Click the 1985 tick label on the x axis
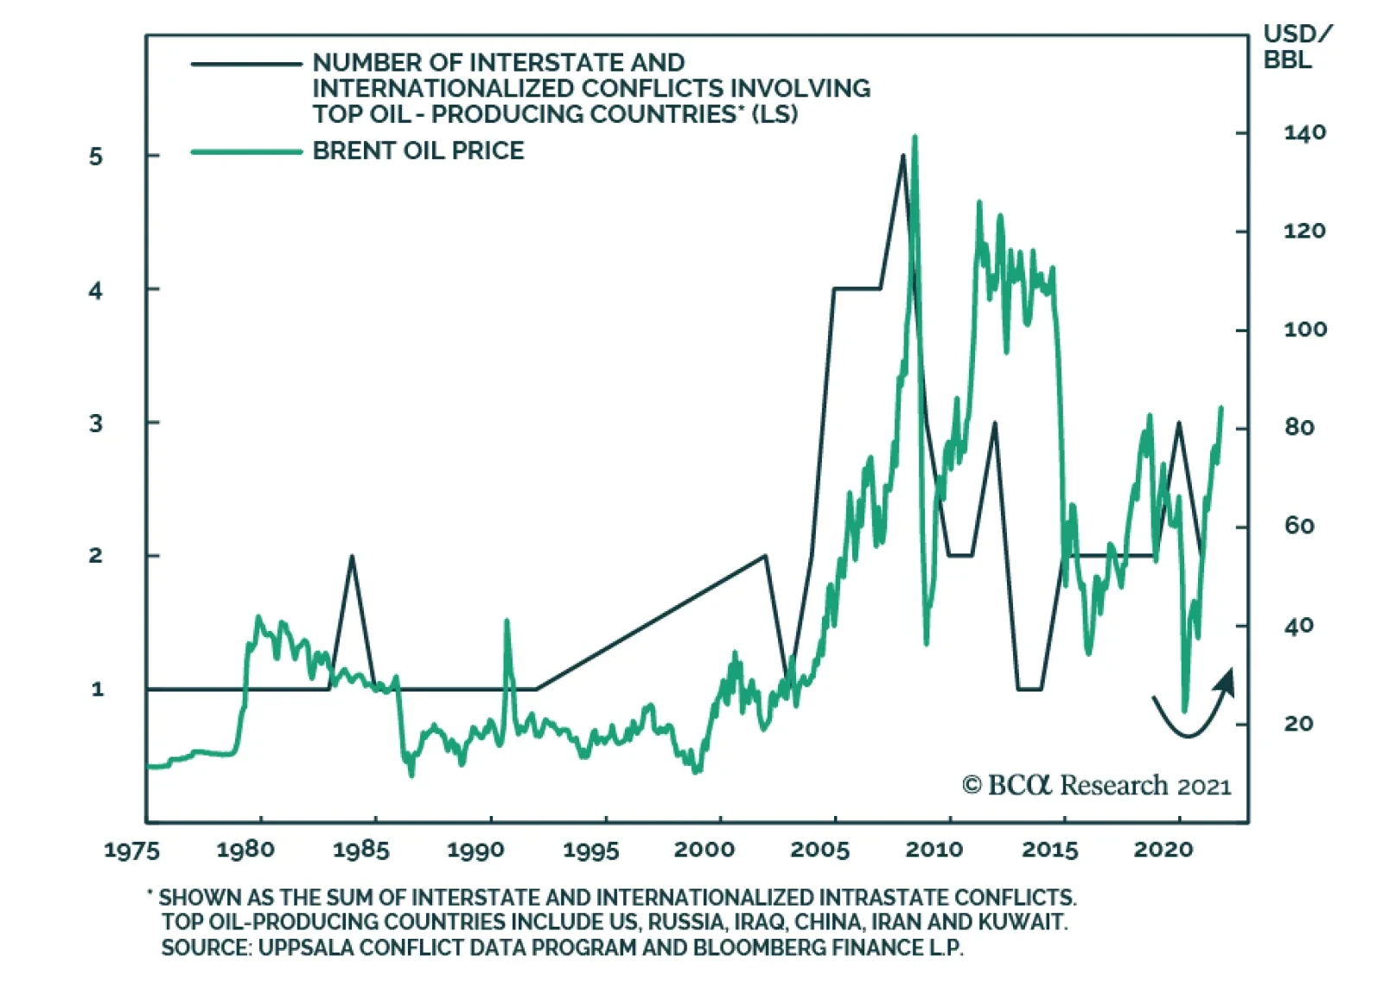pyautogui.click(x=360, y=850)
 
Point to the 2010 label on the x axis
pyautogui.click(x=934, y=850)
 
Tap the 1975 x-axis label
pyautogui.click(x=131, y=851)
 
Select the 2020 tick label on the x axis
pyautogui.click(x=1163, y=850)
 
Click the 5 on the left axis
pyautogui.click(x=96, y=156)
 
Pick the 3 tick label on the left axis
pyautogui.click(x=96, y=424)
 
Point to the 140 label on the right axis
pyautogui.click(x=1304, y=133)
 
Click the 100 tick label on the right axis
pyautogui.click(x=1305, y=329)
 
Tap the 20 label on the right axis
pyautogui.click(x=1298, y=724)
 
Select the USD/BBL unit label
pyautogui.click(x=1297, y=47)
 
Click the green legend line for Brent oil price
pyautogui.click(x=246, y=152)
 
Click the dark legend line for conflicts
pyautogui.click(x=246, y=64)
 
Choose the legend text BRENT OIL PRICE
pyautogui.click(x=418, y=151)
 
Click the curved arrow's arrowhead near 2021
pyautogui.click(x=1226, y=681)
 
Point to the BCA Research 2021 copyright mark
pyautogui.click(x=1096, y=785)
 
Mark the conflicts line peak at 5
pyautogui.click(x=903, y=156)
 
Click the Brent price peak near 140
pyautogui.click(x=915, y=137)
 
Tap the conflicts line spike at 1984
pyautogui.click(x=352, y=557)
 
